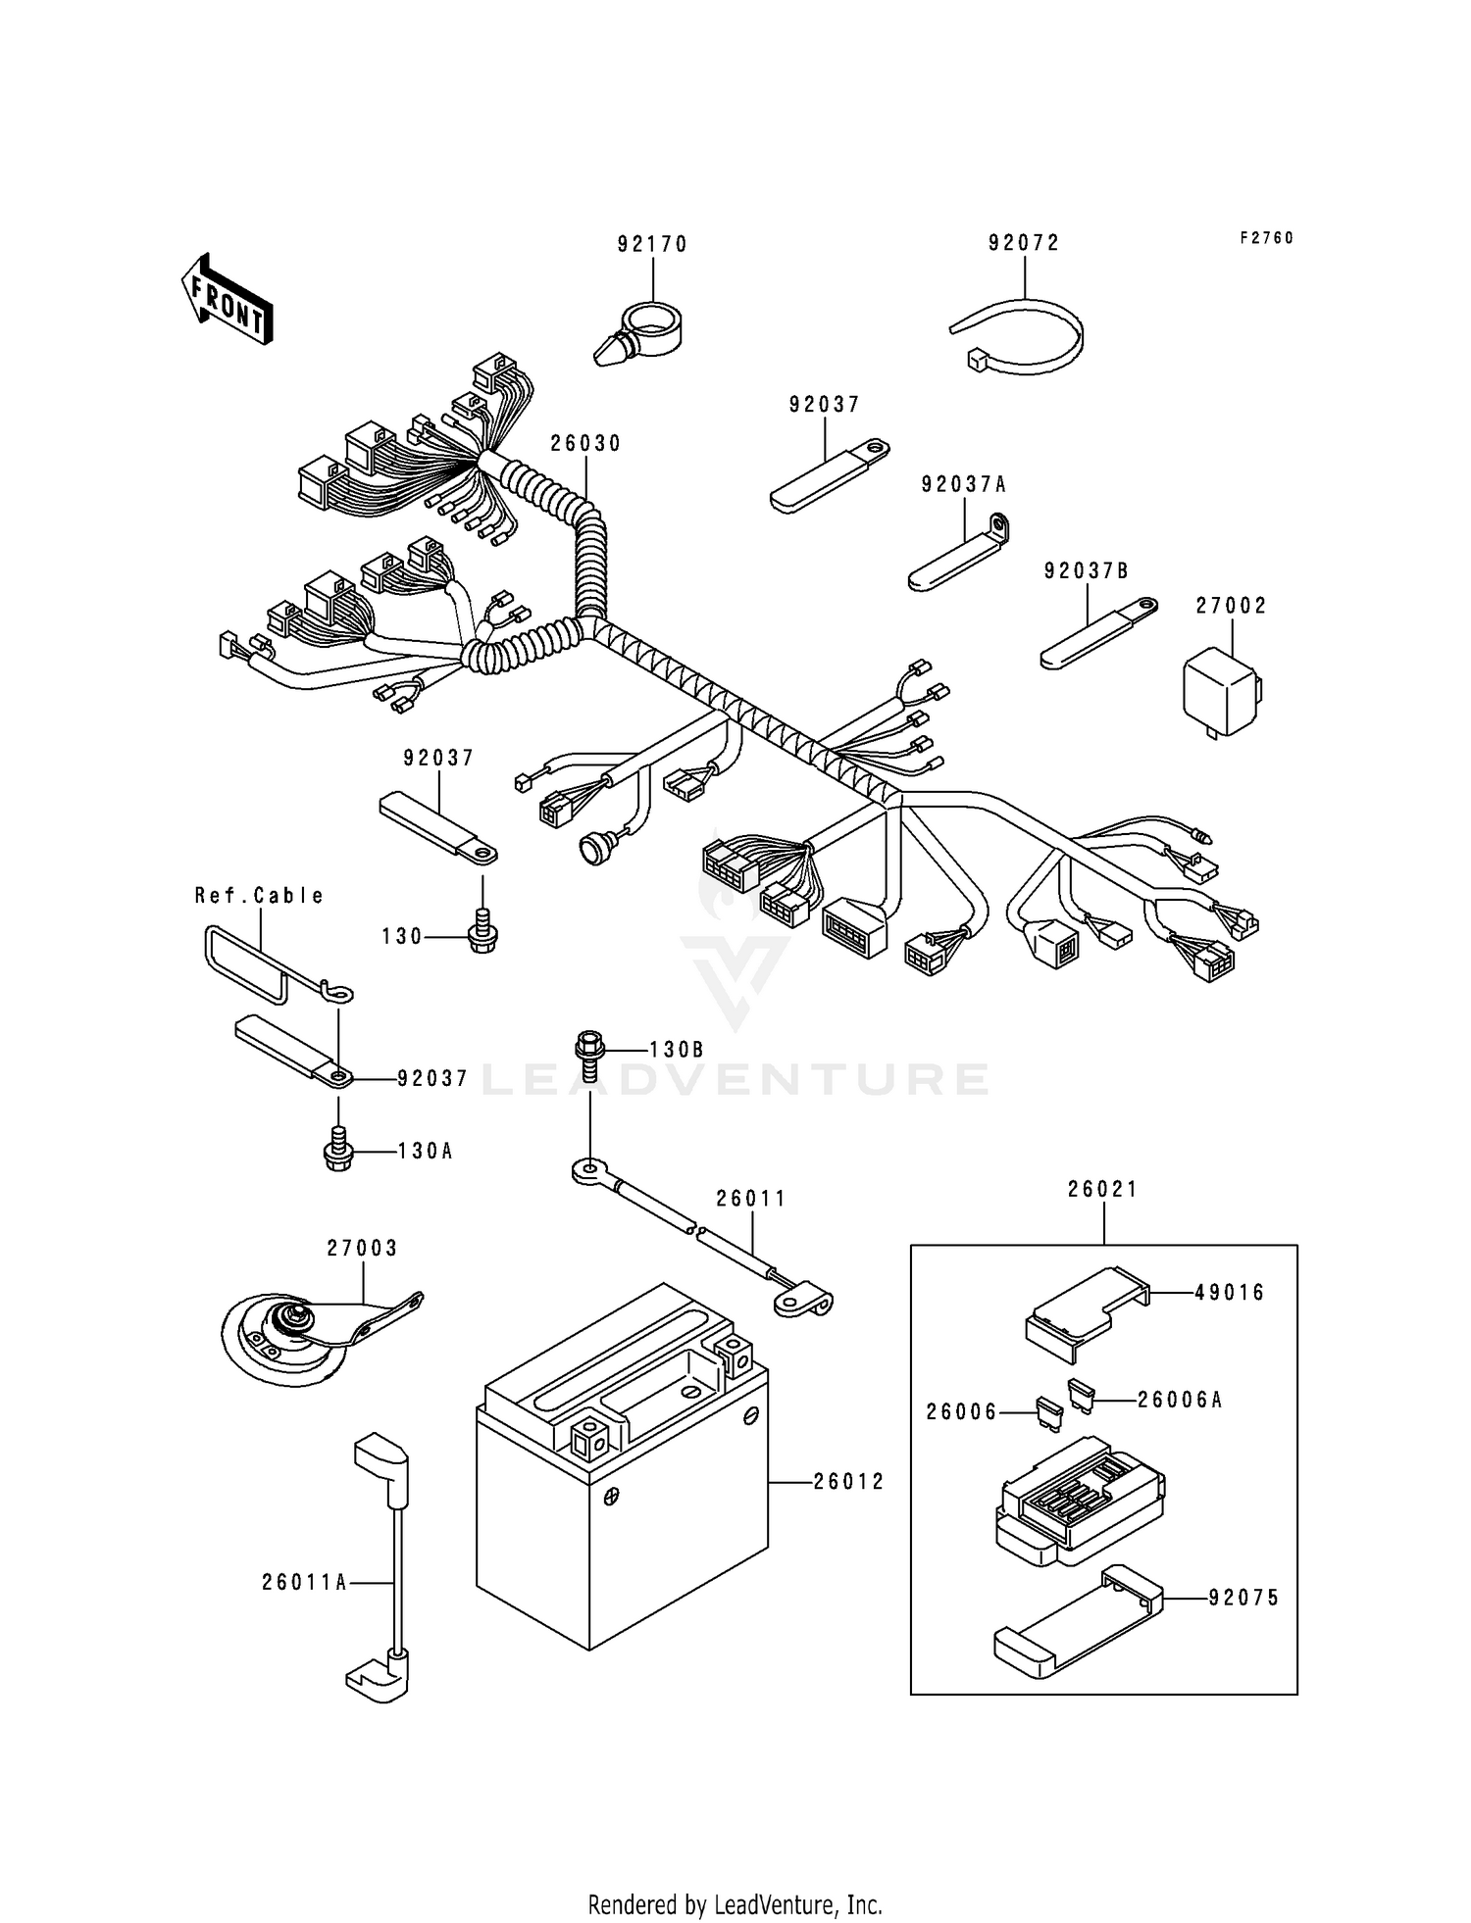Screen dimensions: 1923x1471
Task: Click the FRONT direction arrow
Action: point(226,299)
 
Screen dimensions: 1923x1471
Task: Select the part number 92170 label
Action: point(652,244)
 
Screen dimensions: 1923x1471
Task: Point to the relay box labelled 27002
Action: point(1219,692)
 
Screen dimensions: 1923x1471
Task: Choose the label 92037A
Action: point(964,484)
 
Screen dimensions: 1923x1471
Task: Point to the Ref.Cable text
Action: point(259,895)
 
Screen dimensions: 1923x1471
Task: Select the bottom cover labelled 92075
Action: point(1079,1627)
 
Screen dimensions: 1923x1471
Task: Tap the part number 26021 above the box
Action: point(1103,1189)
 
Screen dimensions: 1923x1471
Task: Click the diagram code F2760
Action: point(1266,238)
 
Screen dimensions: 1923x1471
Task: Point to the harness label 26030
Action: point(585,443)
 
